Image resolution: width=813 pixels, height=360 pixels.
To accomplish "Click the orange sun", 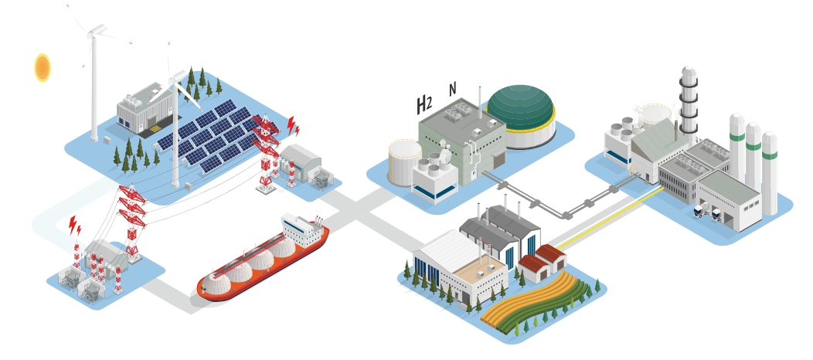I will [x=43, y=68].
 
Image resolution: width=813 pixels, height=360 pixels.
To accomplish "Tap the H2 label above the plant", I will [x=424, y=104].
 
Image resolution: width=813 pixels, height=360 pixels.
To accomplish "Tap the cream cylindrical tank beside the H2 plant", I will [x=404, y=161].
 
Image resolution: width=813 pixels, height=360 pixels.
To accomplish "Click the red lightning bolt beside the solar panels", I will [x=292, y=126].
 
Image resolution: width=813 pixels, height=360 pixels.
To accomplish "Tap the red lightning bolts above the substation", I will [x=74, y=226].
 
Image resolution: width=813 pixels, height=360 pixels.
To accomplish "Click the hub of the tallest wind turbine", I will [x=96, y=30].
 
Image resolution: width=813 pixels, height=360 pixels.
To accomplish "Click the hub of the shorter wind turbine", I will [x=179, y=76].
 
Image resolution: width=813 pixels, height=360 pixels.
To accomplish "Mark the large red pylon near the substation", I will [x=132, y=220].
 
